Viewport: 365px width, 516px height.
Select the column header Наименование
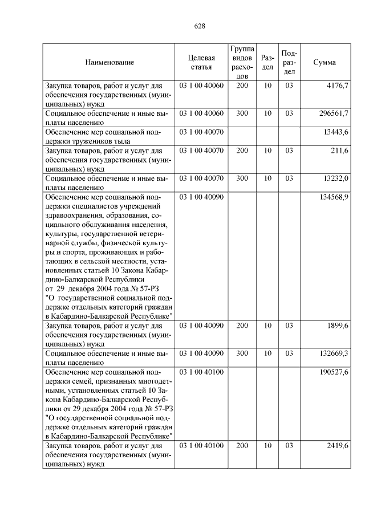tap(109, 62)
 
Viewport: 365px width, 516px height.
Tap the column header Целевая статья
tap(201, 62)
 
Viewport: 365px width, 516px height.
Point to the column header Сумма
tap(325, 62)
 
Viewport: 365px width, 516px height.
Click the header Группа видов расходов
tap(242, 62)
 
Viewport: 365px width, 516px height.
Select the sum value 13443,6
tap(336, 132)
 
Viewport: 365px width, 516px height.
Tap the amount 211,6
tap(339, 151)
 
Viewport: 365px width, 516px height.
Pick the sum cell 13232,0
tap(336, 178)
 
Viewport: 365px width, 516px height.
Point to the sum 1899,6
tap(337, 326)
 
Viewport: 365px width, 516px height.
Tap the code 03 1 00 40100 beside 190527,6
tap(201, 372)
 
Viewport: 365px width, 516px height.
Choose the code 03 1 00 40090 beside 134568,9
tap(201, 197)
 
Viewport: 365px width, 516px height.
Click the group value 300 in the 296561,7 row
tap(242, 113)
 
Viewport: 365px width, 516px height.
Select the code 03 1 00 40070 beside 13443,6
tap(201, 132)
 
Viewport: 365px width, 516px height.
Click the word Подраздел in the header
tap(289, 62)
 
